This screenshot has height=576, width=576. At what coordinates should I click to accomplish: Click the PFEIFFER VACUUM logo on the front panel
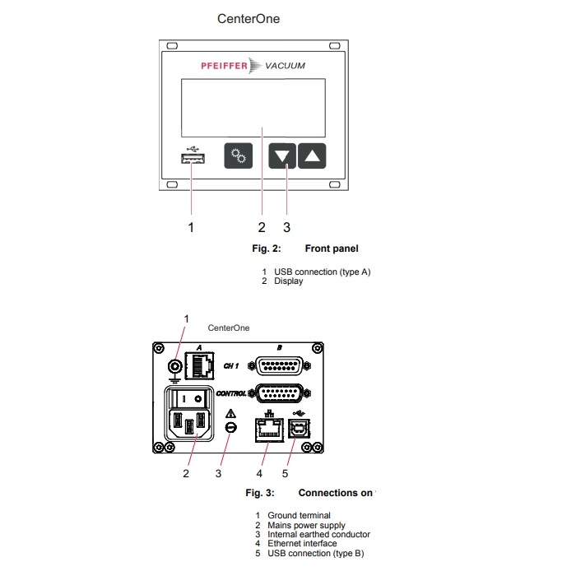point(253,66)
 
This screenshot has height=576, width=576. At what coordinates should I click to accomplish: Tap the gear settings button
point(239,155)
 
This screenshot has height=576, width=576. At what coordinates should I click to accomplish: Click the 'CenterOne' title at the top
point(249,18)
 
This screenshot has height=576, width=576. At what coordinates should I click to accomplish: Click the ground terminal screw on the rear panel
point(174,368)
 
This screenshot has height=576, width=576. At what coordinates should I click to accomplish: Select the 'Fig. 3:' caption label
point(261,493)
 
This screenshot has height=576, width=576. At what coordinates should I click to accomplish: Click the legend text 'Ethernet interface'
point(302,543)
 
